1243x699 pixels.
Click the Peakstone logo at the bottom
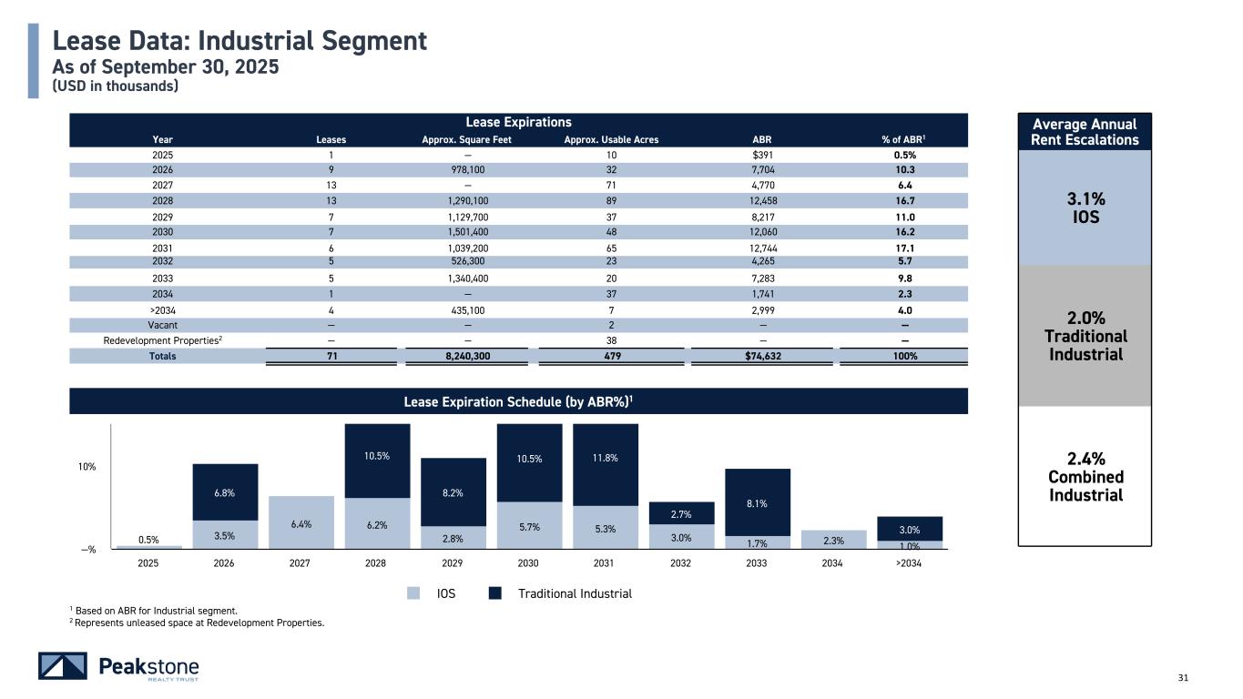[118, 666]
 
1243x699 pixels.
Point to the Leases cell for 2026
[331, 169]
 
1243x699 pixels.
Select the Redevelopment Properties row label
[163, 340]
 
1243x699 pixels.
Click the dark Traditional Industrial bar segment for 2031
[606, 465]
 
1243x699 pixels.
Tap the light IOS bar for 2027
[301, 522]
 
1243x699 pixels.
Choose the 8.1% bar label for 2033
[757, 501]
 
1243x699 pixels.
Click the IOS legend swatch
[413, 593]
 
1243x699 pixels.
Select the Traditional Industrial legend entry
[574, 593]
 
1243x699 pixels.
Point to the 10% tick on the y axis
[87, 467]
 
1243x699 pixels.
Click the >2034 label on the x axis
[908, 563]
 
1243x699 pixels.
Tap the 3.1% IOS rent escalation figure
[1084, 208]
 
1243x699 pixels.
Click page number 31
[1184, 677]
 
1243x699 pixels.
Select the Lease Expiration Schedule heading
[518, 401]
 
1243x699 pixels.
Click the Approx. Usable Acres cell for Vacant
[611, 325]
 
